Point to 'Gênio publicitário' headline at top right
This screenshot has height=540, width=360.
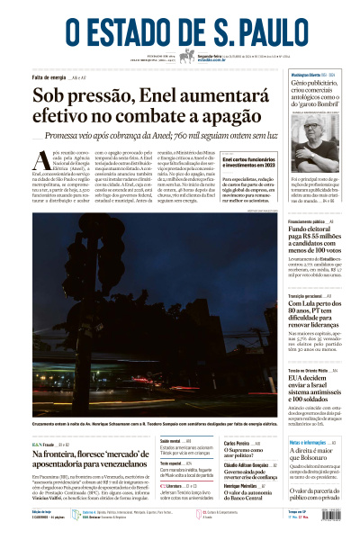click(322, 87)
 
